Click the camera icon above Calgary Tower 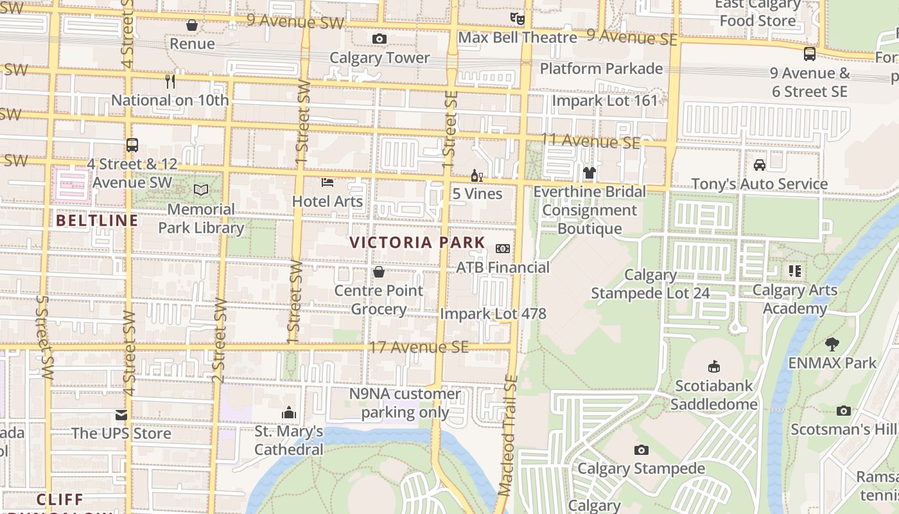pos(379,39)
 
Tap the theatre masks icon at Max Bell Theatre pos(517,18)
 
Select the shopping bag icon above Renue pos(191,25)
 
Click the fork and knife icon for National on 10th pos(170,81)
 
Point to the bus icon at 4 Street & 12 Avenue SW pos(132,145)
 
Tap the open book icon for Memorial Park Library pos(201,190)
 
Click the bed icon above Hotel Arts pos(327,182)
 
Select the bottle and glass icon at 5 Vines pos(476,175)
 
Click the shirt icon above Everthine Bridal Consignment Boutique pos(589,172)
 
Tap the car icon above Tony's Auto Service pos(760,165)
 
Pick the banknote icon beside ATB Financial pos(503,249)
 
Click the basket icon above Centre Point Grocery pos(379,272)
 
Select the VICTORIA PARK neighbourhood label pos(417,243)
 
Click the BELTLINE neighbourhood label pos(97,221)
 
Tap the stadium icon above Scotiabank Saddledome pos(713,366)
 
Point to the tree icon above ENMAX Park pos(832,344)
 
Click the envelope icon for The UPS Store pos(121,414)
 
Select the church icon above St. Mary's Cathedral pos(289,412)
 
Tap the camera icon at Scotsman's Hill pos(844,411)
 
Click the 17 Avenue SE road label pos(418,348)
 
